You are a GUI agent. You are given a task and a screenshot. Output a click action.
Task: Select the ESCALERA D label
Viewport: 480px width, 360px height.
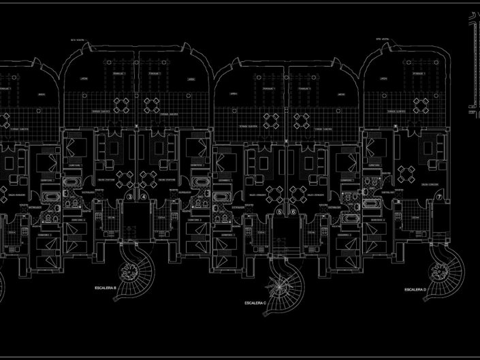415,289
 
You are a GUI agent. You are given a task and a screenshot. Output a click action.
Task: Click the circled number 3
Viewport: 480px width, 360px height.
129,198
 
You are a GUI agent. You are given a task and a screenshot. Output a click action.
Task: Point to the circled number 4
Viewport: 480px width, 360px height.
145,198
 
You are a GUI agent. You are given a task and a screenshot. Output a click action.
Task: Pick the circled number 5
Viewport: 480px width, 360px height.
279,212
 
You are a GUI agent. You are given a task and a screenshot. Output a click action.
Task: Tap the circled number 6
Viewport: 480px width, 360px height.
293,212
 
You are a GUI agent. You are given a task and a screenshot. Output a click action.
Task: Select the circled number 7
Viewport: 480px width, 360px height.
440,197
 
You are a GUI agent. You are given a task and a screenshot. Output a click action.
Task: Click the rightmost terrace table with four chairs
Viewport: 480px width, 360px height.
421,104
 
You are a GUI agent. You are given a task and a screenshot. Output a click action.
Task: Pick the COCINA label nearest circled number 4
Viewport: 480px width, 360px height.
163,218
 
